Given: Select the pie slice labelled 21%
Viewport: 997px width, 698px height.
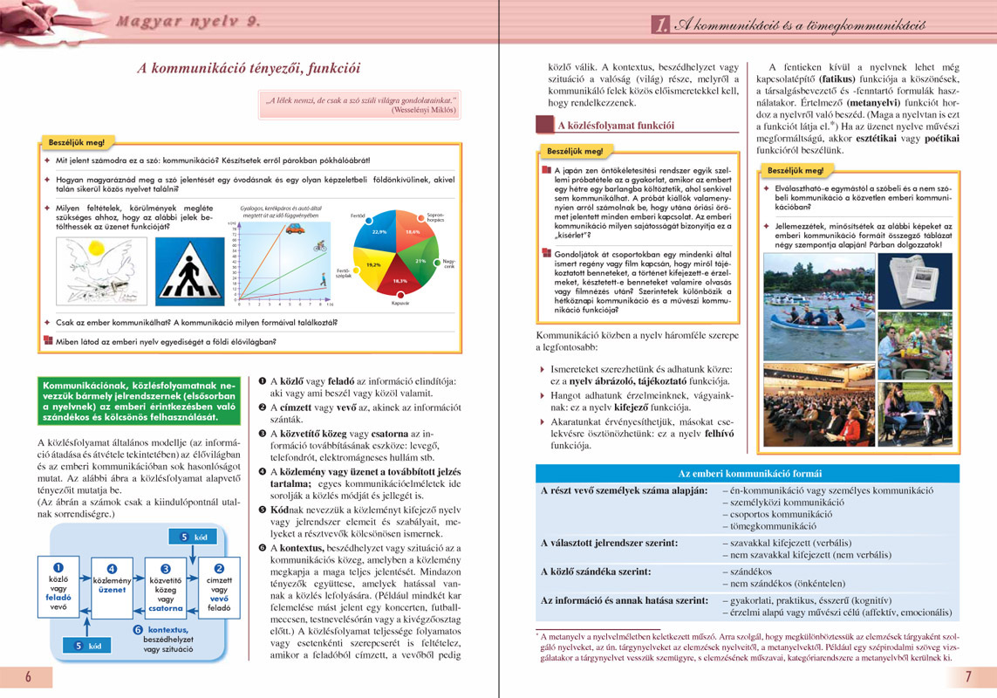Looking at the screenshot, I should point(420,261).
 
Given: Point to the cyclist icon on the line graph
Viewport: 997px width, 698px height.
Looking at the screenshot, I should point(320,248).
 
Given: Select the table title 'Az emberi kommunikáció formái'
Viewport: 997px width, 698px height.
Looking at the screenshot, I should point(750,473).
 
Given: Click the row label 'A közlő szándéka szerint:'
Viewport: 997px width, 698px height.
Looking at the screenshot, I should point(596,571).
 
